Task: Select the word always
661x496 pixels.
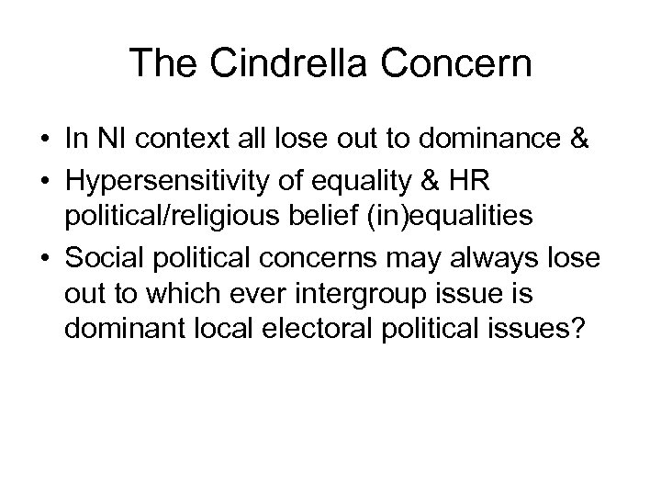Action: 496,256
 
